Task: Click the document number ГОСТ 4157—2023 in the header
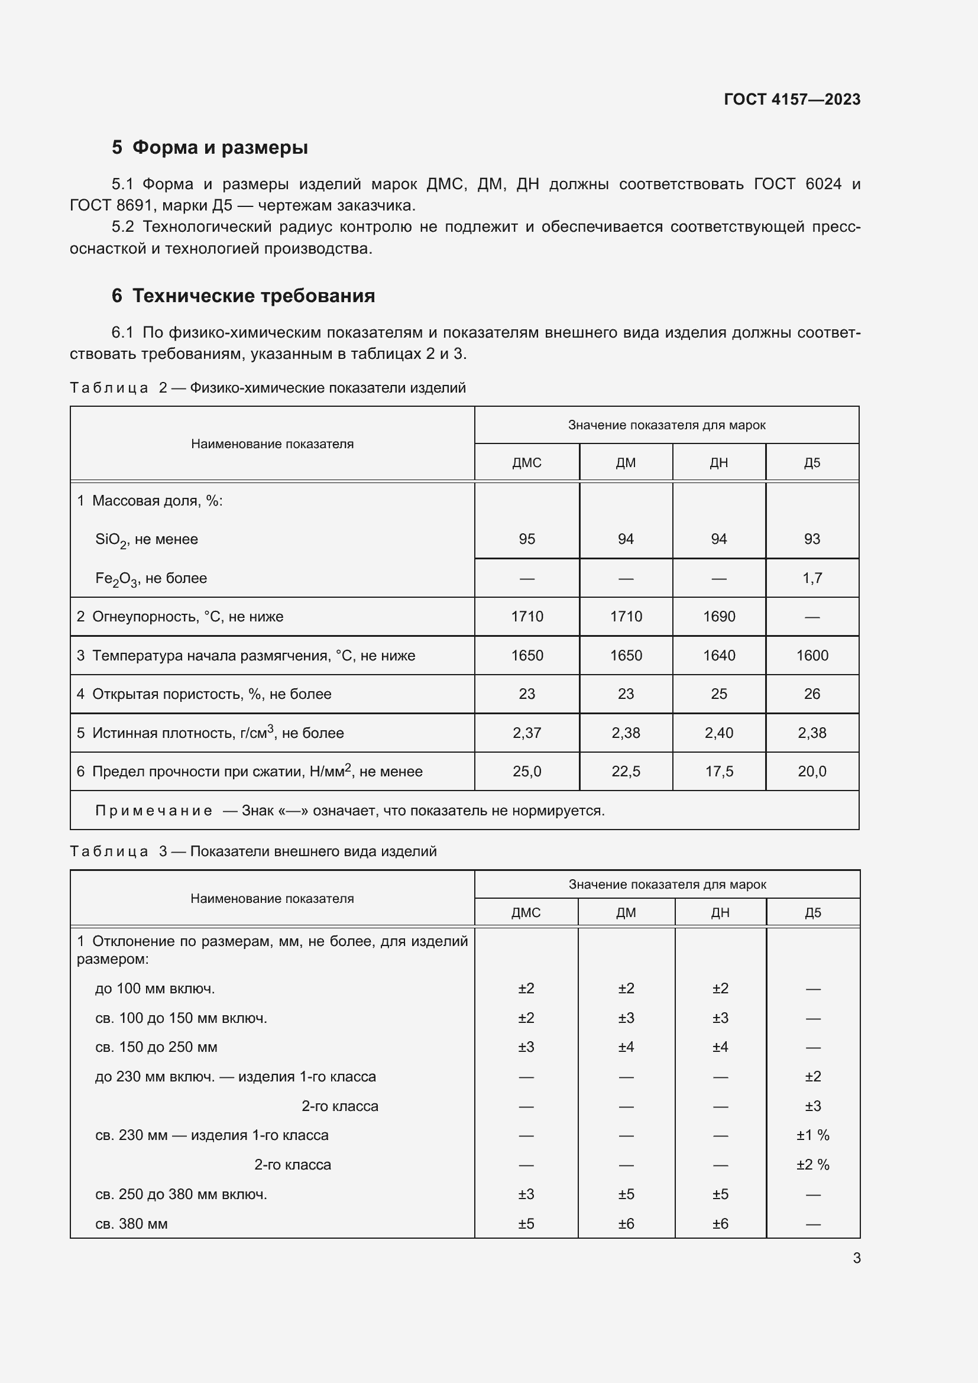point(791,99)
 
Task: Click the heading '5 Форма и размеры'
point(209,148)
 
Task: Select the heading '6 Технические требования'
point(243,296)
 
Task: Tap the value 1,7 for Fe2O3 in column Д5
point(812,578)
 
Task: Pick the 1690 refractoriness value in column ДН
point(718,617)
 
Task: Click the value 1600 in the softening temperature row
point(812,655)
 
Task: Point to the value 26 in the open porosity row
point(812,694)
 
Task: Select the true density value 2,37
point(526,733)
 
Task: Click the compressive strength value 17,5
point(718,772)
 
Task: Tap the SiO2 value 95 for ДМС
point(526,539)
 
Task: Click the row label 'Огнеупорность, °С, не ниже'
point(187,617)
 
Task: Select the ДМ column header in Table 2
point(626,462)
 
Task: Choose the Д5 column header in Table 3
point(812,912)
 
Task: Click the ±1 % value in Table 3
point(812,1135)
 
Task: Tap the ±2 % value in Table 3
point(812,1165)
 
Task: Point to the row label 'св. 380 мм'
point(131,1224)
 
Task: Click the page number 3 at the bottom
point(856,1258)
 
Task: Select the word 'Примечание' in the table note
point(154,811)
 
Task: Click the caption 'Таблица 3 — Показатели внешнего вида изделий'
point(253,851)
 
